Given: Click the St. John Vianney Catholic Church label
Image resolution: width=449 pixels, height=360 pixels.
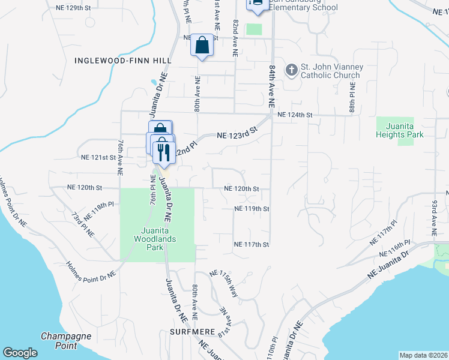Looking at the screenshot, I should [x=330, y=71].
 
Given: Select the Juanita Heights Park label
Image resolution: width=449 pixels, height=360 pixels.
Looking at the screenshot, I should [x=400, y=130].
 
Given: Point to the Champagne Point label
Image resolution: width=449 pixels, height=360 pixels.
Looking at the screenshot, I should [x=66, y=340].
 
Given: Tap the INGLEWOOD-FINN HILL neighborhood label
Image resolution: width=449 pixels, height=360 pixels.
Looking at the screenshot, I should [x=123, y=61].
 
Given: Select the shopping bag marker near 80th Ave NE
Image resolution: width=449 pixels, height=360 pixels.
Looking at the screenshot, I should [x=202, y=45].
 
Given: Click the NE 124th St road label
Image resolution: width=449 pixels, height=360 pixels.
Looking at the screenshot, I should [x=295, y=114].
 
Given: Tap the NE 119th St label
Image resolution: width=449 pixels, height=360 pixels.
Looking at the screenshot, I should [x=252, y=209].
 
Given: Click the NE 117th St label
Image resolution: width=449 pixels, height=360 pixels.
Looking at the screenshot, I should [x=252, y=244].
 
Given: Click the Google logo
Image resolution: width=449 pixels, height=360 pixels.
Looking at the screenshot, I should [x=20, y=353].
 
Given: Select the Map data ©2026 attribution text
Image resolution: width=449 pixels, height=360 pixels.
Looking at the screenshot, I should [x=423, y=355].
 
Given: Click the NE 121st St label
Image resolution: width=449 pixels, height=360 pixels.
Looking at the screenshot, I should [x=98, y=157].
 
